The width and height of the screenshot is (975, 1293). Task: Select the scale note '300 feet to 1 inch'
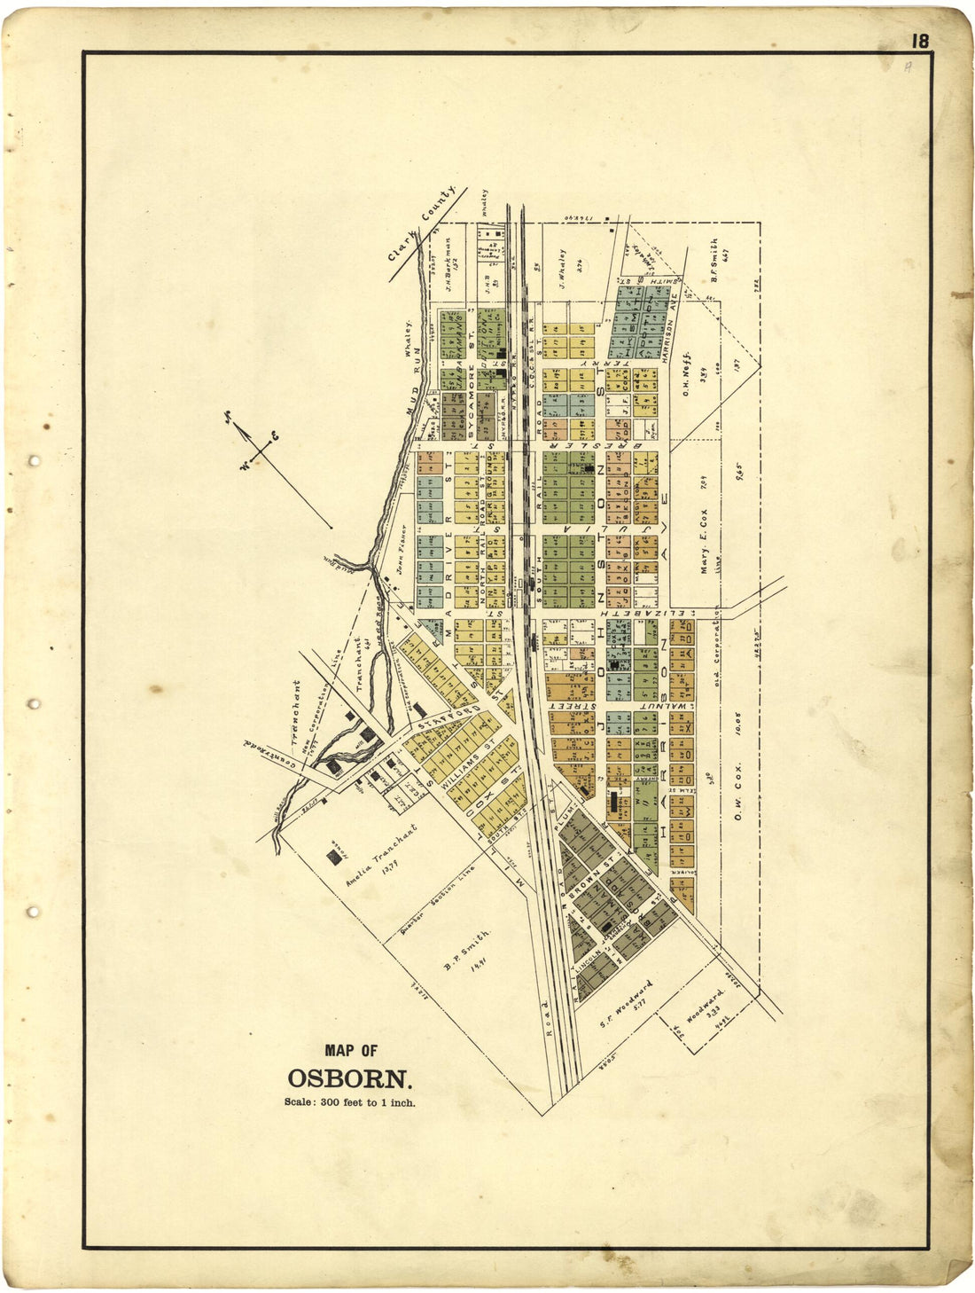coord(350,1103)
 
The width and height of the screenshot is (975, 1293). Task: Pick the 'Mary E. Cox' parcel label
coord(704,551)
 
